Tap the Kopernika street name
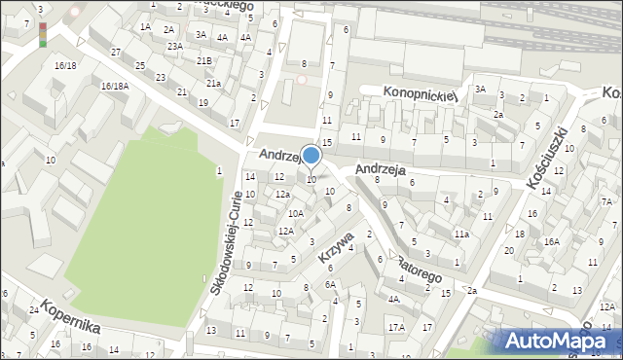(71, 314)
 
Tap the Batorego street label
(421, 270)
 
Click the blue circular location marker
(311, 155)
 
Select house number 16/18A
(115, 86)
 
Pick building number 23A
(174, 46)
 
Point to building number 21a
(212, 84)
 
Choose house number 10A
(295, 213)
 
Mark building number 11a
(461, 234)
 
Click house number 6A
(331, 284)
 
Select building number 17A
(396, 327)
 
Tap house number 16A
(551, 241)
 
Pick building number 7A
(606, 201)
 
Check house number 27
(116, 51)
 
